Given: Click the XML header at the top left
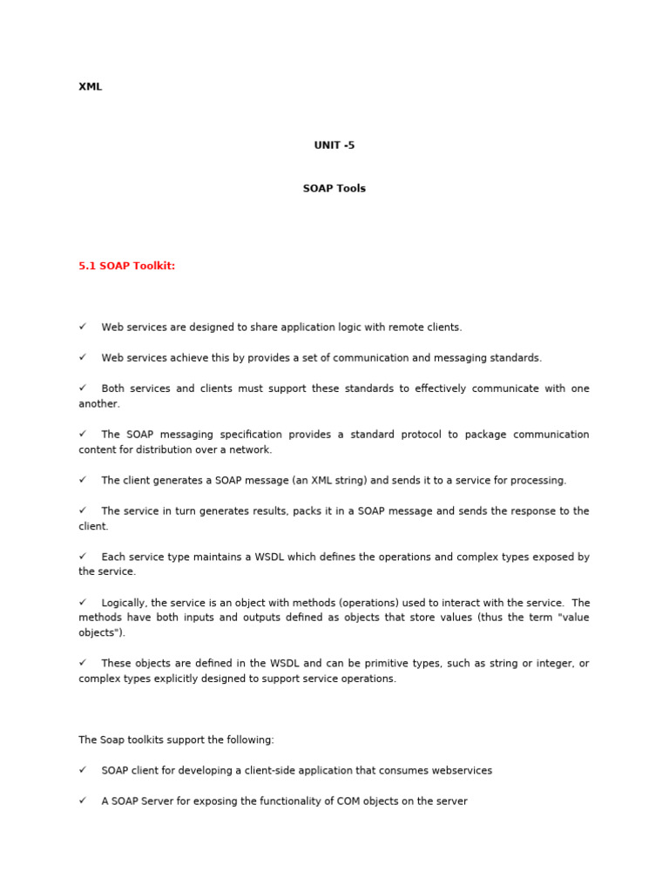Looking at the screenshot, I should coord(91,87).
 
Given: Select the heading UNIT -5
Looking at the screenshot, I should coord(334,145).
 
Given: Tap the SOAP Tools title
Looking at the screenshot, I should coord(334,188).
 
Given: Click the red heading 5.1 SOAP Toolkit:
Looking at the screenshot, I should coord(127,266).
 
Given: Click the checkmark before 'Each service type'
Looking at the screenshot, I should coord(83,557).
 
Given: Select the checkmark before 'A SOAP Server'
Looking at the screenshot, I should coord(83,801).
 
